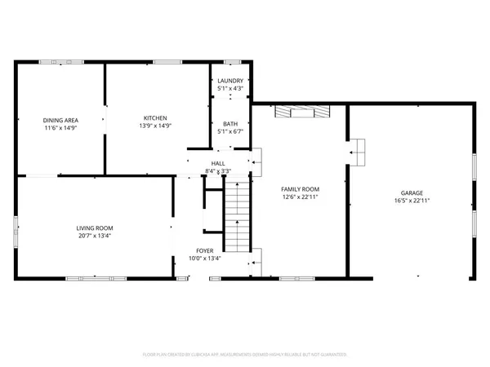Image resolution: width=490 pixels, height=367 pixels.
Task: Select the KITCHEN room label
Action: click(x=155, y=117)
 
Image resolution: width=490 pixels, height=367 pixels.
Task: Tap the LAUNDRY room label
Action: click(x=229, y=81)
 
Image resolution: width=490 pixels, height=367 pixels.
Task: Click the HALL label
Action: click(x=218, y=163)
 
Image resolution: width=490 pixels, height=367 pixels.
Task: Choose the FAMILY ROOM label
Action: click(x=299, y=188)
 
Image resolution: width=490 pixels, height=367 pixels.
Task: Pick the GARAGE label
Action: click(x=412, y=192)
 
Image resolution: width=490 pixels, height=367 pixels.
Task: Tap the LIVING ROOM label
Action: click(x=94, y=228)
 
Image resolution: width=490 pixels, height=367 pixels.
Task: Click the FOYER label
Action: click(x=205, y=250)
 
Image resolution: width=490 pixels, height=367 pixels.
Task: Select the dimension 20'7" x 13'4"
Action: click(x=94, y=236)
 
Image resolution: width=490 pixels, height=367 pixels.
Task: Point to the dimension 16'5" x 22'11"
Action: click(x=412, y=201)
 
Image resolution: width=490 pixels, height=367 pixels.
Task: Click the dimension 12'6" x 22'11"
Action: click(x=299, y=197)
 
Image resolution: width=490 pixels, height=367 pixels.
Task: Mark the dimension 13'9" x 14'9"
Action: click(x=155, y=126)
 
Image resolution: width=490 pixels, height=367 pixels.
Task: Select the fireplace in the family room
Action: click(x=302, y=112)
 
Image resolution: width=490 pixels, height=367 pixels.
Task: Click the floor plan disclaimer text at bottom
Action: click(x=245, y=355)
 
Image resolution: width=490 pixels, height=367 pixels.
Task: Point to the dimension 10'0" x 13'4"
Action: click(x=205, y=259)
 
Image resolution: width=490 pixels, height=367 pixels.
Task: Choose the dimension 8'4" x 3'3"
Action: click(x=218, y=171)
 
